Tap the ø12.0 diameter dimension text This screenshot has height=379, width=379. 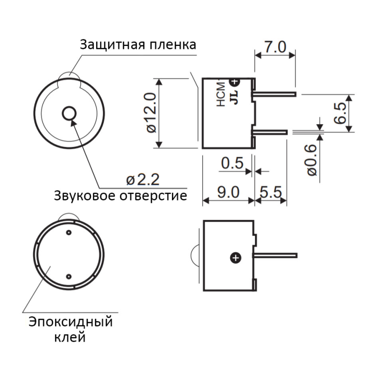click(x=151, y=113)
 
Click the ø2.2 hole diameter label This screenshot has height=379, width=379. click(x=143, y=179)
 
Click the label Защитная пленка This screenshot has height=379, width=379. click(x=138, y=45)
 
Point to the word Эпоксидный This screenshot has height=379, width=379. click(x=71, y=322)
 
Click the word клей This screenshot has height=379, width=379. click(x=70, y=337)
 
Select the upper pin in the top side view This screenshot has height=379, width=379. click(x=275, y=94)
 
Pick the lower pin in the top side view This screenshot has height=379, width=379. click(x=271, y=131)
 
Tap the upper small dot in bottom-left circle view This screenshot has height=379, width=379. click(x=69, y=233)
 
